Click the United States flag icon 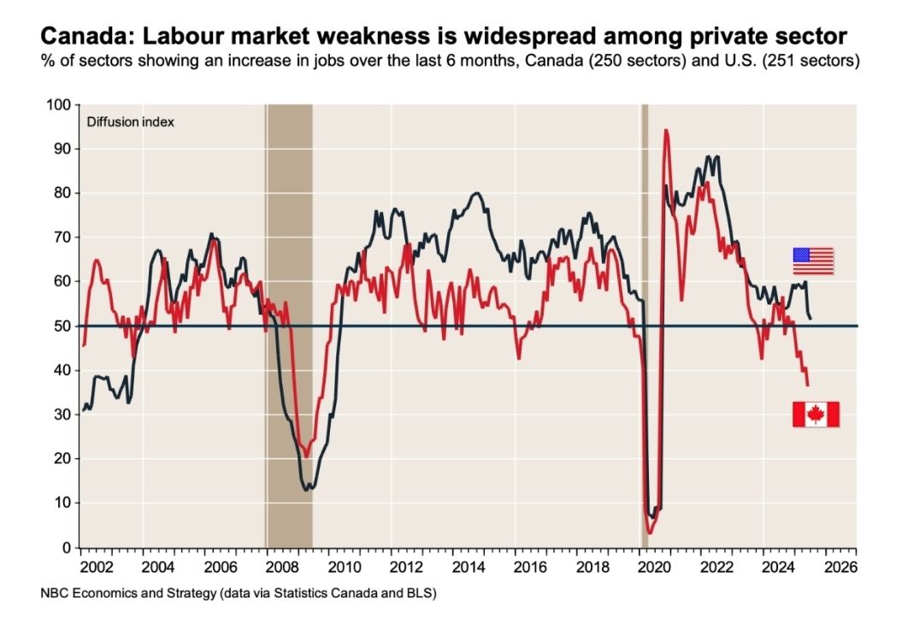tap(812, 261)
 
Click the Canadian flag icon tap(816, 414)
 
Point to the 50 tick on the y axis tap(63, 326)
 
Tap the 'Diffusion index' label tap(131, 122)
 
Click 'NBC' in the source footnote tap(54, 592)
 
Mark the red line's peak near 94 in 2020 tap(665, 130)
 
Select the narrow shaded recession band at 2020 tap(645, 325)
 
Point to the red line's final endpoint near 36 tap(808, 386)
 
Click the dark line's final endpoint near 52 tap(811, 319)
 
